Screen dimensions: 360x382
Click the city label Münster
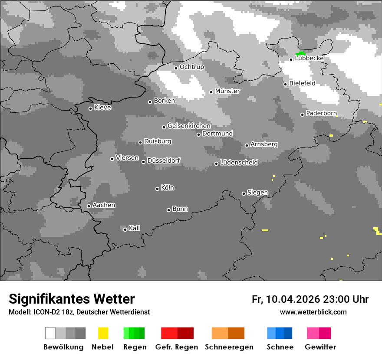(x=227, y=91)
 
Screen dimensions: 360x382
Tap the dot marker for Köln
(x=157, y=189)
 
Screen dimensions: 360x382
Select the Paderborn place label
(x=321, y=114)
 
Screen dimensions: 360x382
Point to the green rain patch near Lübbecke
(x=300, y=54)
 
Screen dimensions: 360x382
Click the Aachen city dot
(x=89, y=206)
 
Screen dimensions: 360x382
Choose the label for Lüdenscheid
(x=239, y=163)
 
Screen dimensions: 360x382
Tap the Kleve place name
(x=102, y=108)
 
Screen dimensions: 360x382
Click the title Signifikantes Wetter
(x=72, y=299)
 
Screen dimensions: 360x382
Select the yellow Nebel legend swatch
(x=103, y=333)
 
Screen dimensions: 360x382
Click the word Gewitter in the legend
(x=320, y=347)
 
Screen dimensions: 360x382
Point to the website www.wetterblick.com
(x=313, y=312)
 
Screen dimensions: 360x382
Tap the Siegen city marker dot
(x=244, y=193)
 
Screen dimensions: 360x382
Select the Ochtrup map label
(x=191, y=67)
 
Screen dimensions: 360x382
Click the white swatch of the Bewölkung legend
(x=50, y=333)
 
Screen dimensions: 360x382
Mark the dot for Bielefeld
(x=286, y=84)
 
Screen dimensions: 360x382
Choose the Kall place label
(x=134, y=228)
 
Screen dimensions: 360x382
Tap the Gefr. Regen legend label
(x=177, y=347)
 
